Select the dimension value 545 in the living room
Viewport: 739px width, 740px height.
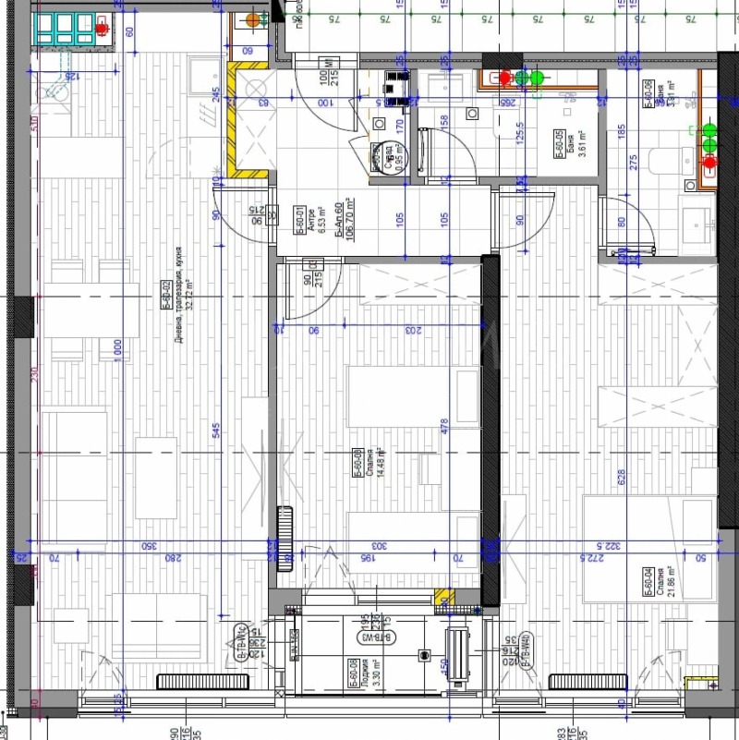coord(214,431)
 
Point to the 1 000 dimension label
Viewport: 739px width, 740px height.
coord(117,353)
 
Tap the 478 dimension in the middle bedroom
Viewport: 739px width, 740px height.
coord(444,426)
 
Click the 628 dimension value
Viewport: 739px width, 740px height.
coord(622,477)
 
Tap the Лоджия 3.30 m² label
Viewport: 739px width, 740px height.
coord(379,669)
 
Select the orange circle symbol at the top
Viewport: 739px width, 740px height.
coord(253,18)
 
